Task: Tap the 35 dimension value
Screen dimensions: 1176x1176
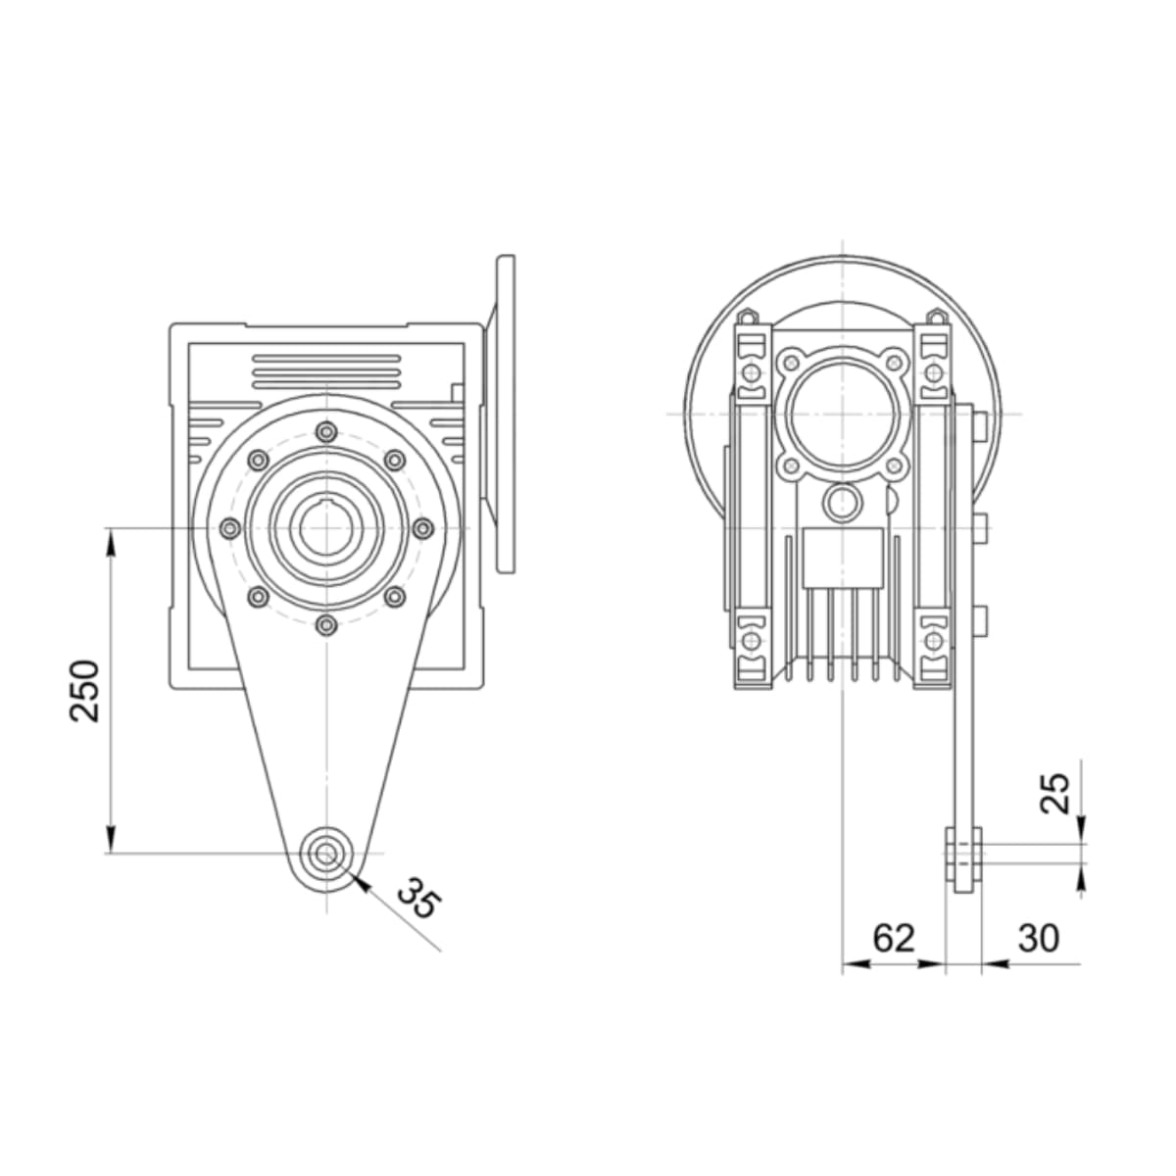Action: [x=417, y=898]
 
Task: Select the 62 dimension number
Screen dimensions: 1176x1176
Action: [x=894, y=938]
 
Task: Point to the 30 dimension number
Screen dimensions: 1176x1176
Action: [x=1038, y=938]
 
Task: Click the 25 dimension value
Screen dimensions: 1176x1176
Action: [x=1055, y=793]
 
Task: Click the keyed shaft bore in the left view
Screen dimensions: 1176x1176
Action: [x=326, y=528]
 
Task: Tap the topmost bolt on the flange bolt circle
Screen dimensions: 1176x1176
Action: [x=327, y=432]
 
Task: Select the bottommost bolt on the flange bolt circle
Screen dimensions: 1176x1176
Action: [x=327, y=625]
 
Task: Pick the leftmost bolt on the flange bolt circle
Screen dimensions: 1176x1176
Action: [x=230, y=528]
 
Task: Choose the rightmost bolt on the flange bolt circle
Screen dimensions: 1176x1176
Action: [x=423, y=528]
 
